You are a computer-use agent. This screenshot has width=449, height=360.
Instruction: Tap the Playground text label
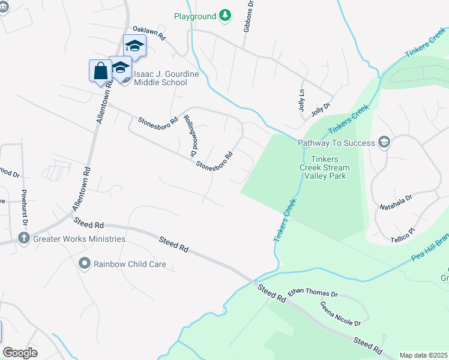pyautogui.click(x=195, y=16)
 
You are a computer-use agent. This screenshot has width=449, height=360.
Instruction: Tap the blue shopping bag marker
pyautogui.click(x=100, y=71)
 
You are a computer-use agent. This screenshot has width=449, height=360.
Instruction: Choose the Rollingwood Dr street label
pyautogui.click(x=191, y=135)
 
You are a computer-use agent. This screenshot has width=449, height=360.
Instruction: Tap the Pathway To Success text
pyautogui.click(x=336, y=143)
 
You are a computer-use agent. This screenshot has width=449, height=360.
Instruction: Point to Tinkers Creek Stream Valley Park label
pyautogui.click(x=325, y=163)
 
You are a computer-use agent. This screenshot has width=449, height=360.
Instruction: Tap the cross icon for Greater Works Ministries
pyautogui.click(x=23, y=239)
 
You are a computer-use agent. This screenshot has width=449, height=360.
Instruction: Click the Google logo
pyautogui.click(x=20, y=352)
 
